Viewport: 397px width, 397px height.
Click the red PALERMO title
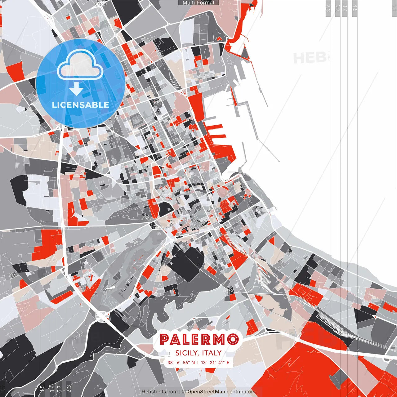pyautogui.click(x=199, y=339)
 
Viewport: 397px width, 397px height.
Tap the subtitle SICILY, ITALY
pyautogui.click(x=198, y=353)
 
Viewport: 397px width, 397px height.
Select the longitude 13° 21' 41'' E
pyautogui.click(x=215, y=362)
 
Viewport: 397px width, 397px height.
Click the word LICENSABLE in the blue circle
pyautogui.click(x=80, y=105)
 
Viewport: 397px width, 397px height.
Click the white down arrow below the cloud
pyautogui.click(x=76, y=89)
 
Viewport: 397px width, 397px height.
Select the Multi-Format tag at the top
pyautogui.click(x=198, y=3)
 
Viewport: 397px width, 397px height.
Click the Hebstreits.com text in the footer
pyautogui.click(x=159, y=392)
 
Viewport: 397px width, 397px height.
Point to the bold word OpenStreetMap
pyautogui.click(x=206, y=392)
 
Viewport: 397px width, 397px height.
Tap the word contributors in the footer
pyautogui.click(x=241, y=392)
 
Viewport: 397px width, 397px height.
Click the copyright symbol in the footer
pyautogui.click(x=184, y=392)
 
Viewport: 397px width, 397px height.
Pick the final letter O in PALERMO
pyautogui.click(x=233, y=339)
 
